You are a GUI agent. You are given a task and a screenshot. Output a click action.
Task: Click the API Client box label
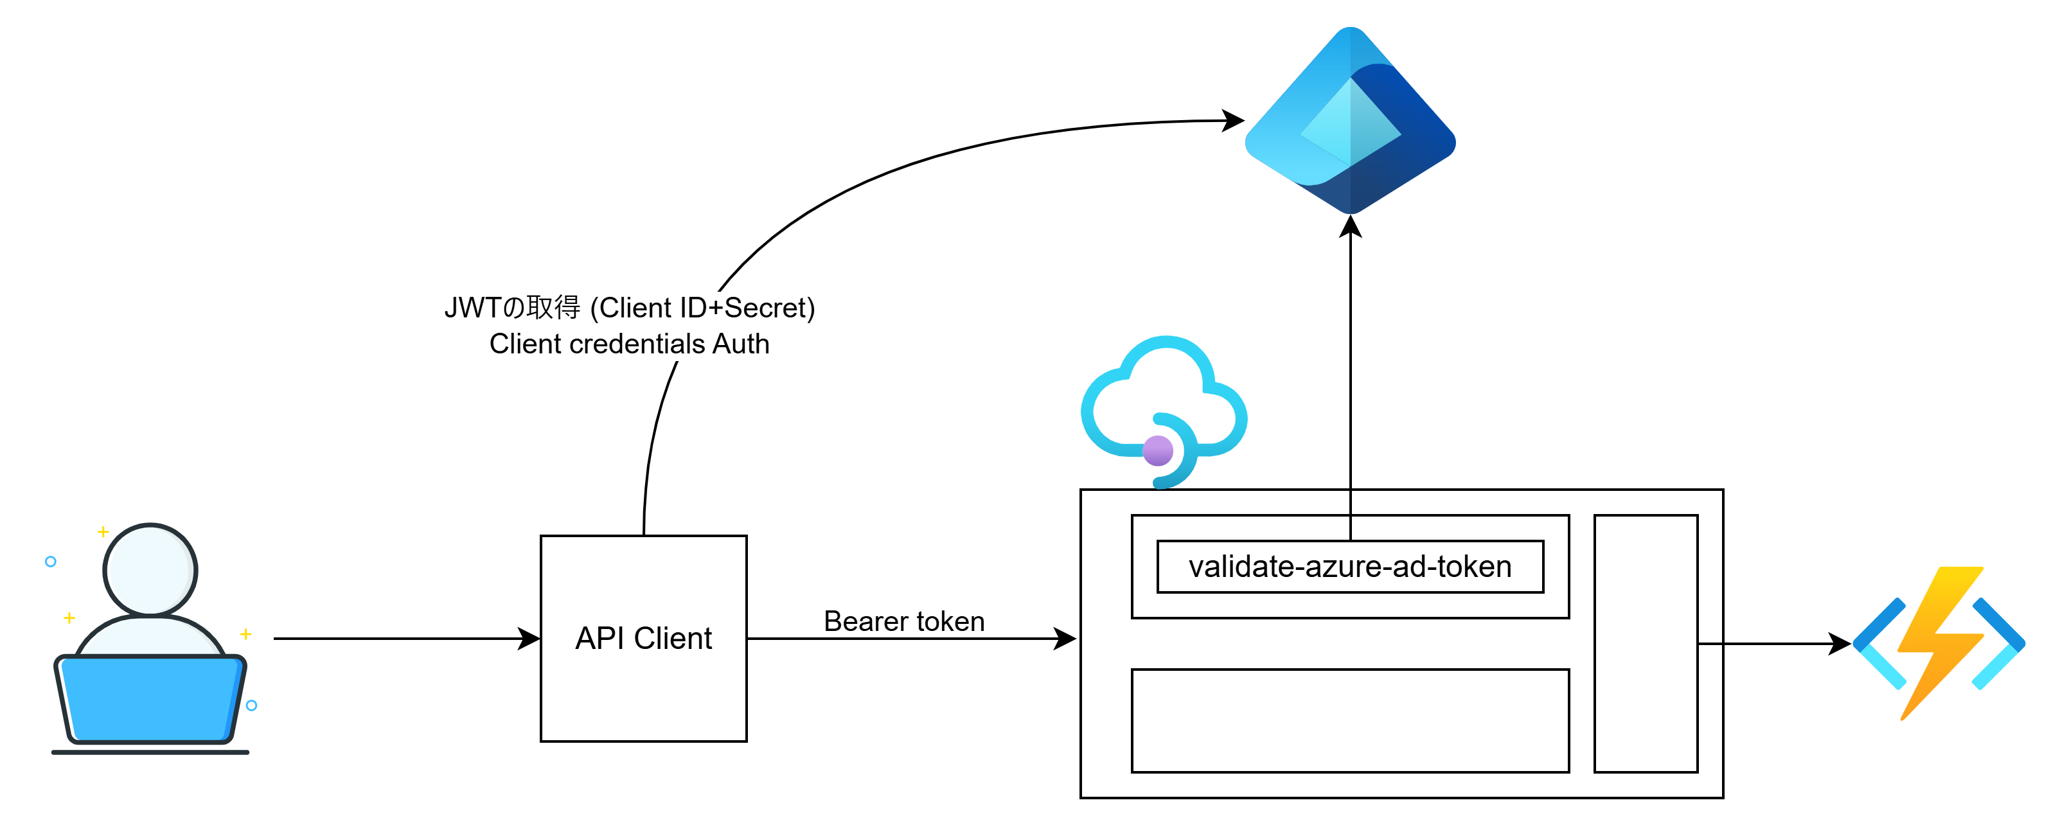tap(643, 639)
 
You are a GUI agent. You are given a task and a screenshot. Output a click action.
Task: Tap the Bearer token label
tap(903, 621)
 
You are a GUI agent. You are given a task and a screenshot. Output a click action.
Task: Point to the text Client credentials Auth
tap(629, 344)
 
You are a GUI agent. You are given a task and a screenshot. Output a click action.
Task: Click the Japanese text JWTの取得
tap(512, 307)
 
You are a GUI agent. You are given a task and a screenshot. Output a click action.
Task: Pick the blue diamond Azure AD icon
tap(1351, 120)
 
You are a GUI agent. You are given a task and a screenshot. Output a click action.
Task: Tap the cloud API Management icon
tap(1163, 411)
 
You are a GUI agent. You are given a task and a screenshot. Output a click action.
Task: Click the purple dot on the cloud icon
tap(1158, 450)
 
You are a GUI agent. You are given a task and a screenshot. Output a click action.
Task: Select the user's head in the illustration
tap(150, 569)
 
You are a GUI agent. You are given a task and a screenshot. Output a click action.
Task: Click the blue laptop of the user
tap(150, 700)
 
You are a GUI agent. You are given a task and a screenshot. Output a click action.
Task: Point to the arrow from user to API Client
tap(407, 639)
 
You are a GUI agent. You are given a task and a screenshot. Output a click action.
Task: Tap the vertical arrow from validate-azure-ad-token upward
tap(1351, 378)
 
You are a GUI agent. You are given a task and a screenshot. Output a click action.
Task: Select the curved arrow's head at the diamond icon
tap(1233, 121)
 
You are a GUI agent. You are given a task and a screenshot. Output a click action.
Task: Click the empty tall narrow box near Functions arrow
tap(1646, 643)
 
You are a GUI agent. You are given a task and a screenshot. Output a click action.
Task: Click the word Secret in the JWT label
tap(765, 307)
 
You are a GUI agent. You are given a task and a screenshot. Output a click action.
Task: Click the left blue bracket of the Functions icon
tap(1879, 643)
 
